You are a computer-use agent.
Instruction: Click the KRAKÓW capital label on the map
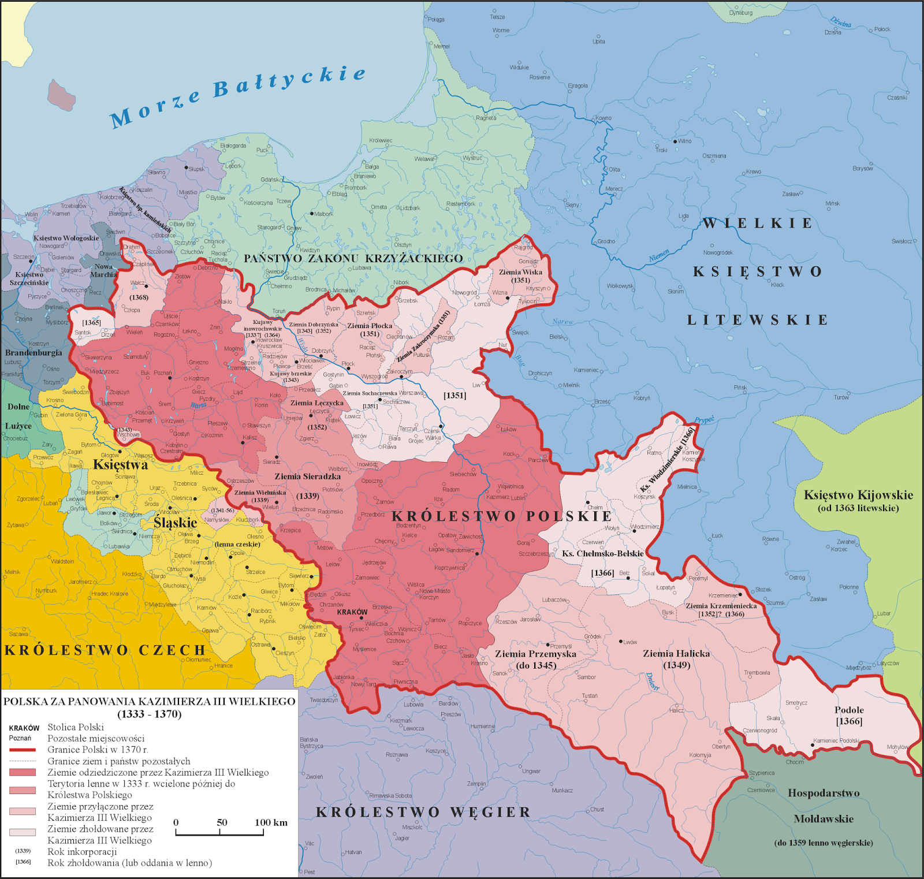point(352,612)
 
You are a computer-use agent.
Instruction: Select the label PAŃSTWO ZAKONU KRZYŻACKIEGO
point(353,258)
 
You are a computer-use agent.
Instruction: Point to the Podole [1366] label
point(849,716)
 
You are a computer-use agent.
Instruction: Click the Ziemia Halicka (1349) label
point(676,659)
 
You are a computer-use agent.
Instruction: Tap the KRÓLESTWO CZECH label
point(105,650)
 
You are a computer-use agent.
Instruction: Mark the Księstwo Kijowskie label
point(858,495)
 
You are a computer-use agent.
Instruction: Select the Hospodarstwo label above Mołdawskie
point(824,793)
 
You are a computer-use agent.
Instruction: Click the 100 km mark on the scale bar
point(271,823)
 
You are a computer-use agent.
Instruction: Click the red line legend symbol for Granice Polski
point(23,750)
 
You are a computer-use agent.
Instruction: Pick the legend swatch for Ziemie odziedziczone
point(23,772)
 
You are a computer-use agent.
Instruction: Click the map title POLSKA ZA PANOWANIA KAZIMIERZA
point(149,701)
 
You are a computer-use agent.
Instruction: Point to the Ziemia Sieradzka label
point(307,476)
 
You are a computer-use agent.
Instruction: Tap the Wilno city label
point(684,141)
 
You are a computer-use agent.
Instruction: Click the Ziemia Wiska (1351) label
point(520,276)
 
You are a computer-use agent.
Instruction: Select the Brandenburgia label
point(33,352)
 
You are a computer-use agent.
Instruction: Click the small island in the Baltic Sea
point(61,94)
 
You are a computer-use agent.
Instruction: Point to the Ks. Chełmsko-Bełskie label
point(602,553)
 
